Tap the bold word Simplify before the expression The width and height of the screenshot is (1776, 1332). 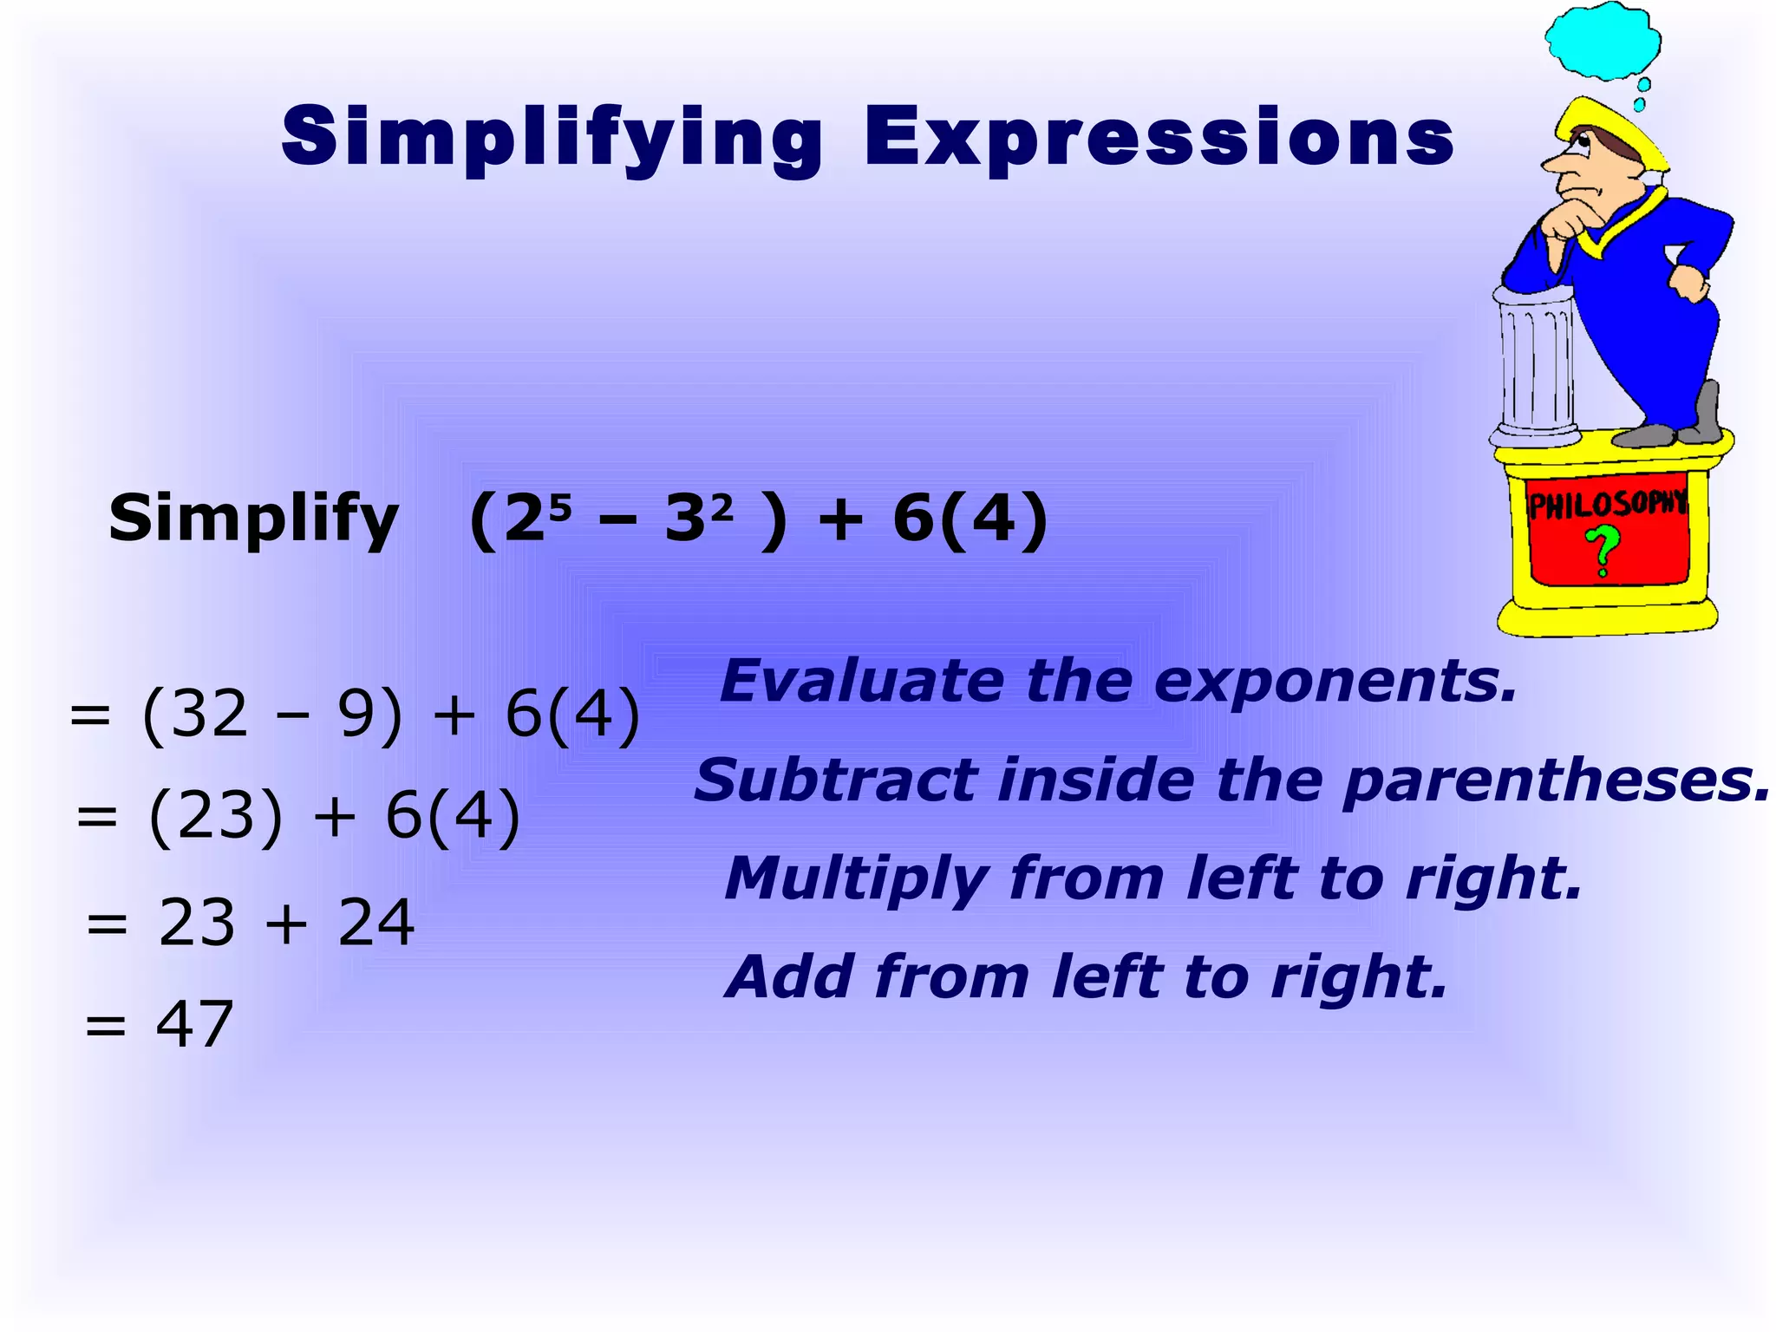coord(253,519)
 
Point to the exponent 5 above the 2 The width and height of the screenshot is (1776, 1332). coord(560,506)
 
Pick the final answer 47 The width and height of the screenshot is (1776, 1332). coord(194,1024)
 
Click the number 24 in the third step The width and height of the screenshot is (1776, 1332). coord(375,923)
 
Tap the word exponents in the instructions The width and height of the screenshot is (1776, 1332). coord(1335,682)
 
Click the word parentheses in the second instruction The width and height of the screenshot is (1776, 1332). coord(1556,780)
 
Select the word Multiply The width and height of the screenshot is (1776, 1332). coord(854,879)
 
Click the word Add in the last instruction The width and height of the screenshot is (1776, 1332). coord(789,977)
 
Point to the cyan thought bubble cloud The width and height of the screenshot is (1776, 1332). coord(1603,40)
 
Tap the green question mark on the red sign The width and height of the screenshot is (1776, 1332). coord(1603,552)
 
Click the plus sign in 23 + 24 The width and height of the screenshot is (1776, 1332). coord(286,923)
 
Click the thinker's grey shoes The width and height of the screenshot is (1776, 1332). coord(1674,430)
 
